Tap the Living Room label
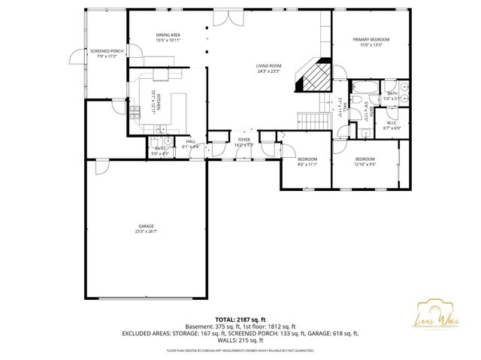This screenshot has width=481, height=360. (x=268, y=66)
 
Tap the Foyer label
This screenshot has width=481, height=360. (x=244, y=139)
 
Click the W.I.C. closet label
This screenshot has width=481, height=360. (x=392, y=123)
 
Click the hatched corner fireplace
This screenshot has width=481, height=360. (x=314, y=75)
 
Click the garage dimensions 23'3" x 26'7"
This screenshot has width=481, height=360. (x=146, y=231)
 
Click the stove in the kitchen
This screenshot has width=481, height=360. (x=135, y=113)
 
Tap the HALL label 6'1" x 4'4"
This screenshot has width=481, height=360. (x=190, y=144)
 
